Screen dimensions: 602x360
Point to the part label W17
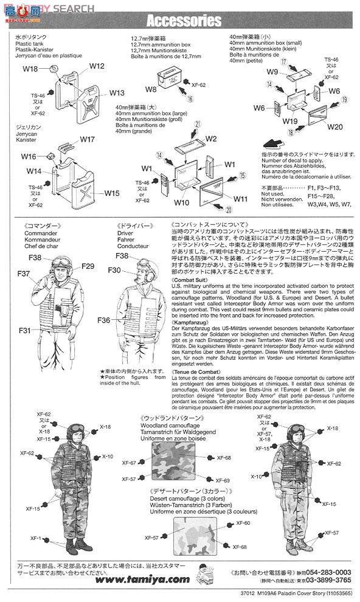[87, 139]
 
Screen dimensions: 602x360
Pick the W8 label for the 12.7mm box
[151, 89]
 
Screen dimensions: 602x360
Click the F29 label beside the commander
[88, 266]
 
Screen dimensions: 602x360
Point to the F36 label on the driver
[103, 320]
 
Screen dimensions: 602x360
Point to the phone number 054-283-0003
[327, 572]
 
